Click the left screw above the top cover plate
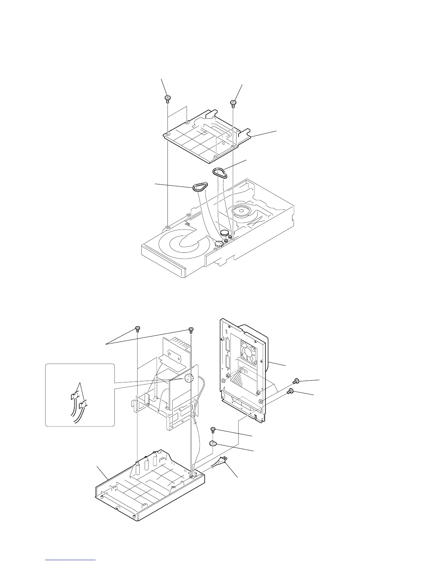point(166,98)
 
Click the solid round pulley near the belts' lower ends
point(225,234)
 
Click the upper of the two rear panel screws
point(295,382)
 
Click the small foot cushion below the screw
point(213,443)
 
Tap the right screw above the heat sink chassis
point(191,329)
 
